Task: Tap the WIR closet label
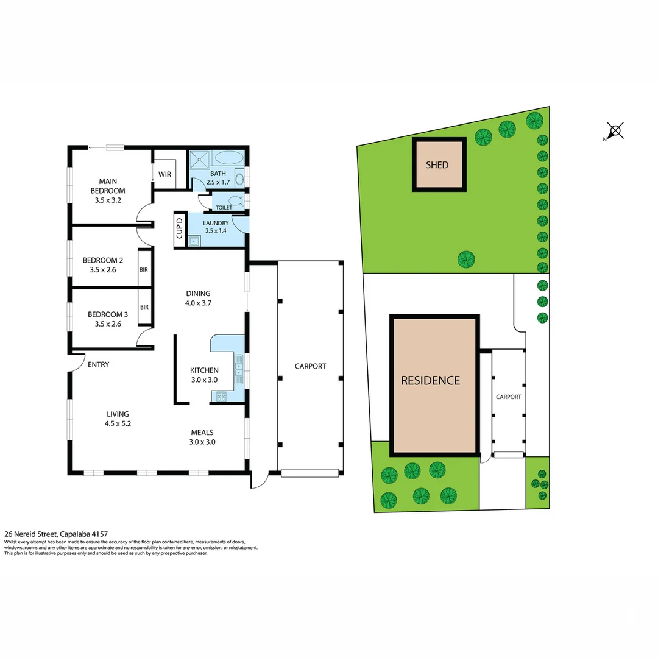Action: click(x=164, y=174)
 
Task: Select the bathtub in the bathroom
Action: click(x=229, y=158)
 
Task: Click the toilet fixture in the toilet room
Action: click(x=234, y=200)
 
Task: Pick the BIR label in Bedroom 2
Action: click(x=144, y=269)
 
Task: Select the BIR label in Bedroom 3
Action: click(x=144, y=307)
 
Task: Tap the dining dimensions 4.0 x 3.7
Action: click(x=198, y=303)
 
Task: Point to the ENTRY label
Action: click(x=98, y=365)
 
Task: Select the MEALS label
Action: click(x=201, y=433)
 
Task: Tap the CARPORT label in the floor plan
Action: click(x=310, y=366)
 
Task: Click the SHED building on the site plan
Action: click(x=439, y=165)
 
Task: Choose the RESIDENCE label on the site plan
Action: click(x=430, y=380)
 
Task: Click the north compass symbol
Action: click(x=615, y=130)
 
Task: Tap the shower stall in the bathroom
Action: click(x=199, y=160)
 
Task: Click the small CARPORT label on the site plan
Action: click(x=508, y=397)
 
